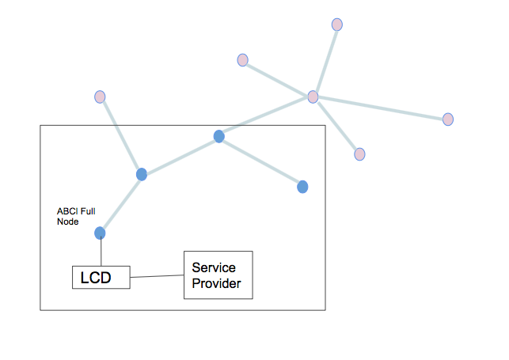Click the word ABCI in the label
pos(67,211)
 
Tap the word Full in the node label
pos(88,211)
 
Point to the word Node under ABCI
pos(68,222)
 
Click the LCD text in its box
pos(96,278)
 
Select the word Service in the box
pos(214,267)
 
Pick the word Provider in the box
pos(216,283)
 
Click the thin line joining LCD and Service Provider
pos(157,276)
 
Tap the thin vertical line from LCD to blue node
pos(101,252)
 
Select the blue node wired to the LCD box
pos(100,233)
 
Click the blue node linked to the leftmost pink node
pos(142,175)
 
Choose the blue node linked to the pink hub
pos(219,136)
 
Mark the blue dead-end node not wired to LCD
pos(302,187)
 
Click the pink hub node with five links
pos(313,97)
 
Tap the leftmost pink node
pos(100,97)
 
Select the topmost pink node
pos(337,25)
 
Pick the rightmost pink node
pos(448,119)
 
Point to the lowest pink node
pos(359,154)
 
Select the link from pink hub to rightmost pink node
pos(381,108)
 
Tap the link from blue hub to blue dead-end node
pos(260,161)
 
